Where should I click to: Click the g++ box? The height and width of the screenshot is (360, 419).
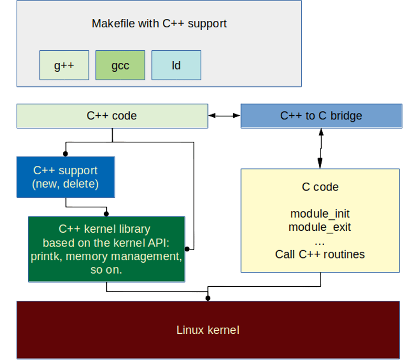(x=64, y=65)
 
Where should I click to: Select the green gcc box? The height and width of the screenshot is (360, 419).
(x=120, y=65)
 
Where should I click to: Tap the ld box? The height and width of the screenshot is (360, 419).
(x=176, y=65)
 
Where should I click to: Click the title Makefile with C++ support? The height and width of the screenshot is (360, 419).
(x=159, y=24)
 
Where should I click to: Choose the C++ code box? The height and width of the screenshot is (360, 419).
(x=112, y=116)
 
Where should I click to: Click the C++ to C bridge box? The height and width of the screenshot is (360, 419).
(x=321, y=116)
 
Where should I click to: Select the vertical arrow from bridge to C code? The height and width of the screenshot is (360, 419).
(x=320, y=148)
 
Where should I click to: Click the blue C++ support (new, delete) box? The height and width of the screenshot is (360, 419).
(x=65, y=177)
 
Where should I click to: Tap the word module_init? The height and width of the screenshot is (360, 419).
(x=320, y=214)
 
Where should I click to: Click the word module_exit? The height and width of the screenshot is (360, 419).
(x=320, y=228)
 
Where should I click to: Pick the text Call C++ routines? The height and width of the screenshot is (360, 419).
(x=320, y=255)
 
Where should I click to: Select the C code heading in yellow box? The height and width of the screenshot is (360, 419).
(x=320, y=187)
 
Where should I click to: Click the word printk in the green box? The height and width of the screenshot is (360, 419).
(x=45, y=257)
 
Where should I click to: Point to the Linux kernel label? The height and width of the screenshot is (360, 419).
(x=208, y=330)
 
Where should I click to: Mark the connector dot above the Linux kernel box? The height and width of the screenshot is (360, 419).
(x=208, y=298)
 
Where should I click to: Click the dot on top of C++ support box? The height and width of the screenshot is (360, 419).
(x=65, y=154)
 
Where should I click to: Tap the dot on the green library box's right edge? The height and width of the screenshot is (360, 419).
(x=187, y=250)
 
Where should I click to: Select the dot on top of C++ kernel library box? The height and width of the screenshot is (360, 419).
(x=106, y=213)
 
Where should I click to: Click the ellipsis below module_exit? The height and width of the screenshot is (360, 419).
(x=320, y=242)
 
